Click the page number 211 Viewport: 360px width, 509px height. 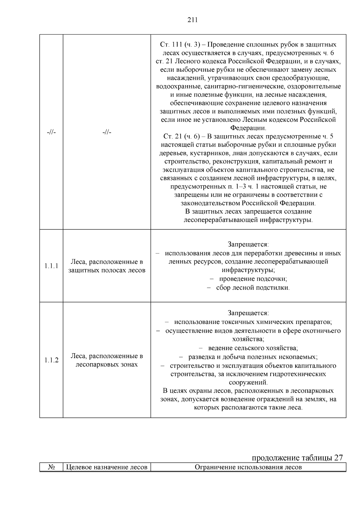pyautogui.click(x=192, y=20)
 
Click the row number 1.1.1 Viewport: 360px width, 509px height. pyautogui.click(x=51, y=266)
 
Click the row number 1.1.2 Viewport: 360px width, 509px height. pyautogui.click(x=51, y=360)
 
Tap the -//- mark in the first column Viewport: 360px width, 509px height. pyautogui.click(x=51, y=132)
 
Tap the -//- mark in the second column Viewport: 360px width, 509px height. pyautogui.click(x=106, y=132)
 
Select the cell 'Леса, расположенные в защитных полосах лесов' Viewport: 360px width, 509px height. pyautogui.click(x=106, y=266)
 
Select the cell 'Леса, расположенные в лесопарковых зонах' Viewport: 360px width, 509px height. pyautogui.click(x=106, y=360)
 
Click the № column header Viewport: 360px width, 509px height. pyautogui.click(x=51, y=467)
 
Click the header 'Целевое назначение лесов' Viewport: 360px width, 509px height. pyautogui.click(x=106, y=467)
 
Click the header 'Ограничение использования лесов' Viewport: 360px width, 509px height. pyautogui.click(x=248, y=467)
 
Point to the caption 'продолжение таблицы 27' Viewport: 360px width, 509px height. pyautogui.click(x=297, y=458)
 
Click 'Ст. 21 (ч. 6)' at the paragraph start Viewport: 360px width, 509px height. pyautogui.click(x=181, y=136)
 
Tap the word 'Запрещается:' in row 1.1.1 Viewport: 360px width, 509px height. pyautogui.click(x=248, y=244)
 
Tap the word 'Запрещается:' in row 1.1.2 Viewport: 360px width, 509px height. pyautogui.click(x=248, y=313)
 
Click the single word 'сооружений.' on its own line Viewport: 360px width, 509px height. pyautogui.click(x=248, y=383)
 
